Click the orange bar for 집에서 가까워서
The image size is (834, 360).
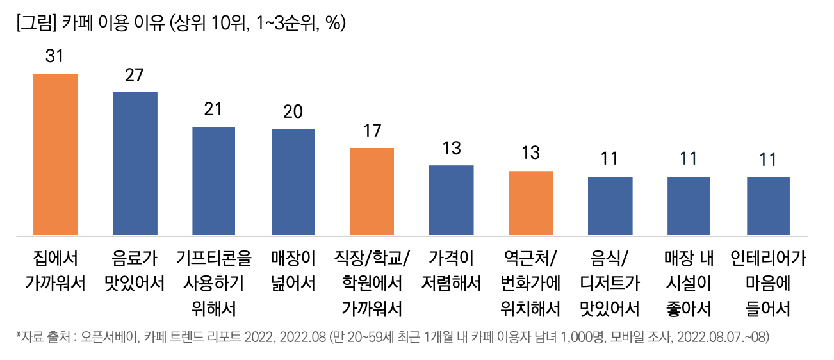[56, 154]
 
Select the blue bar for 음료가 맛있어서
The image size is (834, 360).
[135, 163]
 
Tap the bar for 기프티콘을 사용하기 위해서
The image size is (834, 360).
[214, 181]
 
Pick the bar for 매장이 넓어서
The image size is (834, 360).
[293, 182]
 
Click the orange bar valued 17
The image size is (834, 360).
[372, 192]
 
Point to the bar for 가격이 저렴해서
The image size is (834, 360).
[451, 200]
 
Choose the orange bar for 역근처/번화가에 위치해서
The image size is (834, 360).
[530, 203]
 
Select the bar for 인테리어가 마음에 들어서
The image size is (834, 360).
[768, 206]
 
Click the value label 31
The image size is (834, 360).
[54, 56]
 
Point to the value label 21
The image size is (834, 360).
[213, 109]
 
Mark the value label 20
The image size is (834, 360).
[293, 111]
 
